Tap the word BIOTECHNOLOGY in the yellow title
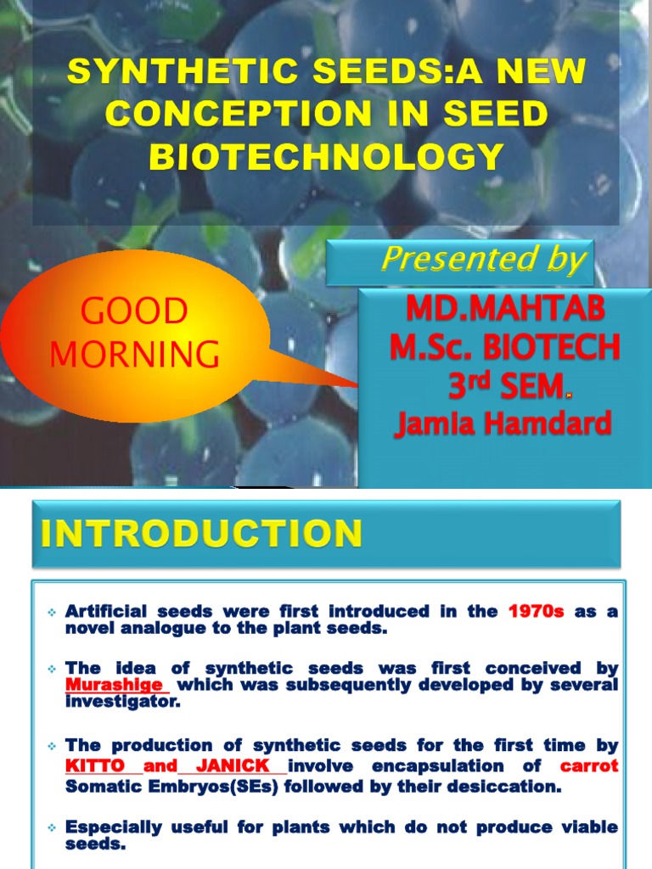[326, 156]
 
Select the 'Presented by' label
[483, 260]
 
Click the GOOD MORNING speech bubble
[135, 333]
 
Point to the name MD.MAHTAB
[505, 309]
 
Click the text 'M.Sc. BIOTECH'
[505, 347]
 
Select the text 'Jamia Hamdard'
[503, 423]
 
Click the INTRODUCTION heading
[201, 535]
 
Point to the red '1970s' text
[536, 611]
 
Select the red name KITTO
[95, 766]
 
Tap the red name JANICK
[233, 766]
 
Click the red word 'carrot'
[589, 766]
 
